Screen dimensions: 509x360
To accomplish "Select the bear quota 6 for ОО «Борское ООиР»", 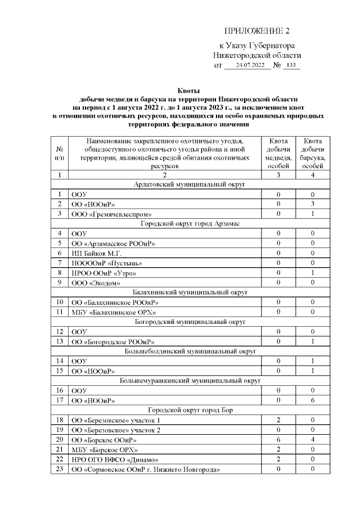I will pos(278,439).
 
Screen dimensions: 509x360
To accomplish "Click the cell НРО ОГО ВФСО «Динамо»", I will pos(110,459).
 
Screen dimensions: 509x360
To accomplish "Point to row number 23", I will pos(60,469).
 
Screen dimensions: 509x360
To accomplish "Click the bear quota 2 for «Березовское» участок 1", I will pos(278,420).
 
